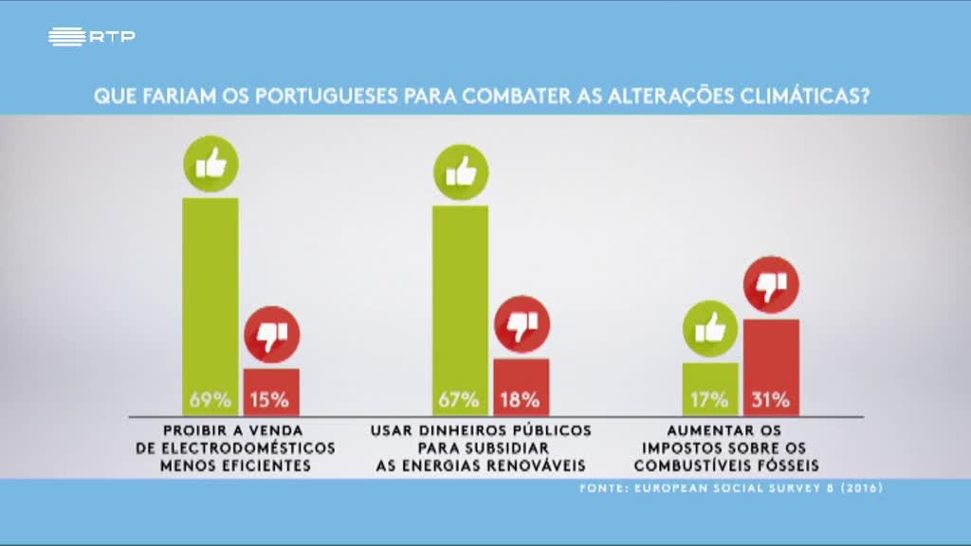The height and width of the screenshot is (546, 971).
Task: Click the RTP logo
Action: (91, 37)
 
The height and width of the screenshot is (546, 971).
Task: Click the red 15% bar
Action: (271, 391)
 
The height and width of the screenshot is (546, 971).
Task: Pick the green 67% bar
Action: (461, 309)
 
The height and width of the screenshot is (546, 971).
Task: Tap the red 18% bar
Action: (522, 387)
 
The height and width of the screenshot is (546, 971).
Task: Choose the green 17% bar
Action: (710, 389)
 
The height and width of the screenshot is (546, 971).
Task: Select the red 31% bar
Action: (771, 367)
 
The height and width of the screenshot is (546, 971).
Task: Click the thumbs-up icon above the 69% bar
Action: (211, 164)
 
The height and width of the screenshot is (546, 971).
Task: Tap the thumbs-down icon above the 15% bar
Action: (271, 335)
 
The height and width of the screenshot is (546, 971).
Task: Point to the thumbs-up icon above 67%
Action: (461, 172)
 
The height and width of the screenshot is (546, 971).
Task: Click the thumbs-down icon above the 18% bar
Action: (522, 325)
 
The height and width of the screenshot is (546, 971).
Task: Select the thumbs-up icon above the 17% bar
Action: (710, 328)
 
